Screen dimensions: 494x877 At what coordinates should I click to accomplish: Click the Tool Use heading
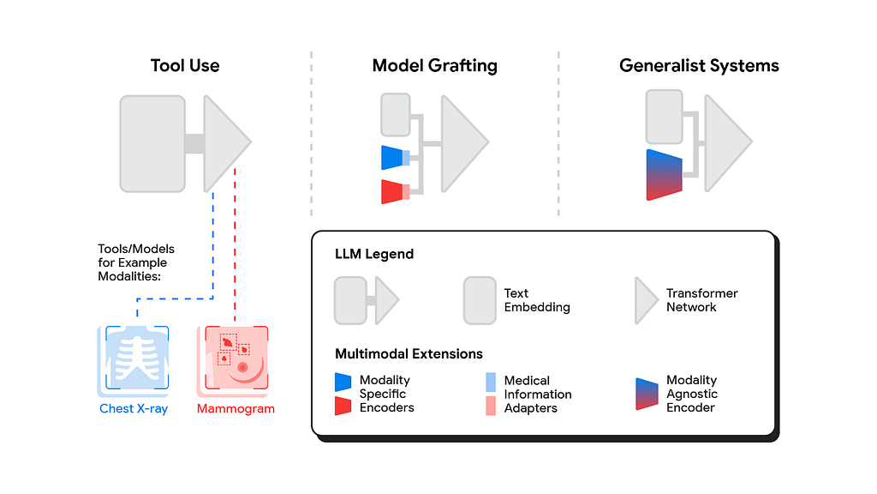pos(185,66)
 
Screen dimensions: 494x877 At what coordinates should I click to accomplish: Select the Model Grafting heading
pos(434,66)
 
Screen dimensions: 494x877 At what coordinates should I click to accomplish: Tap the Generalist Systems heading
pos(699,66)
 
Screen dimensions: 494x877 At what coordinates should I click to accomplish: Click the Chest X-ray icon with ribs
pos(134,358)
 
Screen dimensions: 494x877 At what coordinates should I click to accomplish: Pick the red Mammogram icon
pos(233,358)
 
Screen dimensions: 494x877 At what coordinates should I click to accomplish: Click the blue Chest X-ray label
pos(134,409)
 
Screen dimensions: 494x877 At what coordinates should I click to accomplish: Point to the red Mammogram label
pos(236,409)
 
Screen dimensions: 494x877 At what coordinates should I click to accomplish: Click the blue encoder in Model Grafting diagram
pos(392,157)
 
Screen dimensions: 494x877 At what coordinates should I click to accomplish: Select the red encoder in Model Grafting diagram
pos(392,191)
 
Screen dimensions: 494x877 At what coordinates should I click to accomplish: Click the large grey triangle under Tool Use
pos(224,143)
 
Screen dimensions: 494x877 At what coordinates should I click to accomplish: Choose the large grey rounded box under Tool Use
pos(152,143)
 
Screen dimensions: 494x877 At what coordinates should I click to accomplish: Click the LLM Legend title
pos(374,255)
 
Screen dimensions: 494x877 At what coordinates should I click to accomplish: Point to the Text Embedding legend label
pos(537,300)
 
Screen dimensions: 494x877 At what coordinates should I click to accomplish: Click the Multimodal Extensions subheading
pos(409,353)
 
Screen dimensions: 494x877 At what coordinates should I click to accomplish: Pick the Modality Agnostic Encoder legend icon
pos(647,394)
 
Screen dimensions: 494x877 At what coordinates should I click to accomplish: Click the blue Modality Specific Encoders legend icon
pos(343,382)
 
